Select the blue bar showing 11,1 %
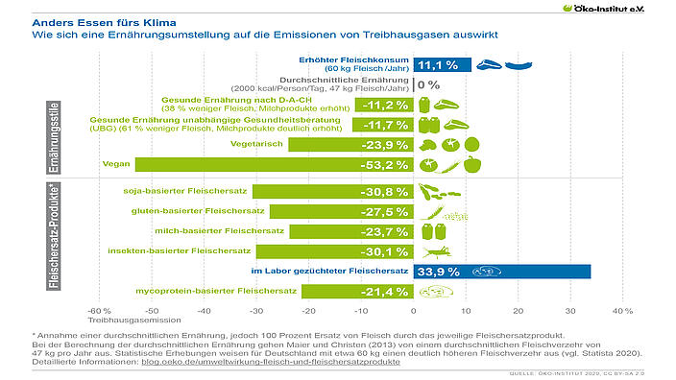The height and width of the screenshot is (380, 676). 442,64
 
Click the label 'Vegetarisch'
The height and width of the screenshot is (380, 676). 257,144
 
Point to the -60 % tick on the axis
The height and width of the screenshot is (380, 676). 98,311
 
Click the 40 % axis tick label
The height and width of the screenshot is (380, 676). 621,311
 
